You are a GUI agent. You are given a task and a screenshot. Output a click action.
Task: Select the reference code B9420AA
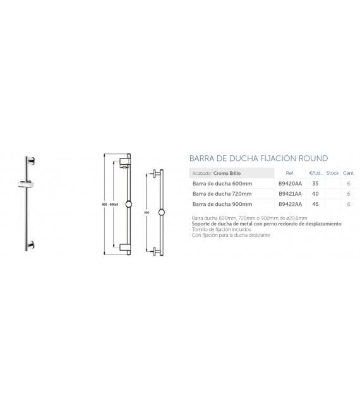click(x=290, y=183)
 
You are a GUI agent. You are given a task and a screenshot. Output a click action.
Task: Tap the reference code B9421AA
click(x=290, y=194)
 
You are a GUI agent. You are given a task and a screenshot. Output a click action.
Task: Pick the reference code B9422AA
click(x=290, y=205)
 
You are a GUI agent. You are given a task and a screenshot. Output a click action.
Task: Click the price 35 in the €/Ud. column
click(x=315, y=183)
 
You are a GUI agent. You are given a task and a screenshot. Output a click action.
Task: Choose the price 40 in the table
click(x=315, y=194)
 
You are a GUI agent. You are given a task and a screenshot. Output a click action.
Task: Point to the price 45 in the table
click(x=315, y=205)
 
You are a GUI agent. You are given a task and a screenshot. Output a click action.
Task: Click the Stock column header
click(x=333, y=172)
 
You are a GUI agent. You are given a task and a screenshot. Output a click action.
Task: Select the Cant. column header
click(x=349, y=172)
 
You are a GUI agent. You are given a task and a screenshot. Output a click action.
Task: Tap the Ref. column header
click(x=291, y=172)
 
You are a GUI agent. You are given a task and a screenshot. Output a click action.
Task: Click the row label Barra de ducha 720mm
click(x=222, y=194)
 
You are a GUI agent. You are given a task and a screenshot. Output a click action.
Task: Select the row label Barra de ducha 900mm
click(x=222, y=205)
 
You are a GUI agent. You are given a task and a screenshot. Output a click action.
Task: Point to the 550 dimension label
click(x=146, y=213)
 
